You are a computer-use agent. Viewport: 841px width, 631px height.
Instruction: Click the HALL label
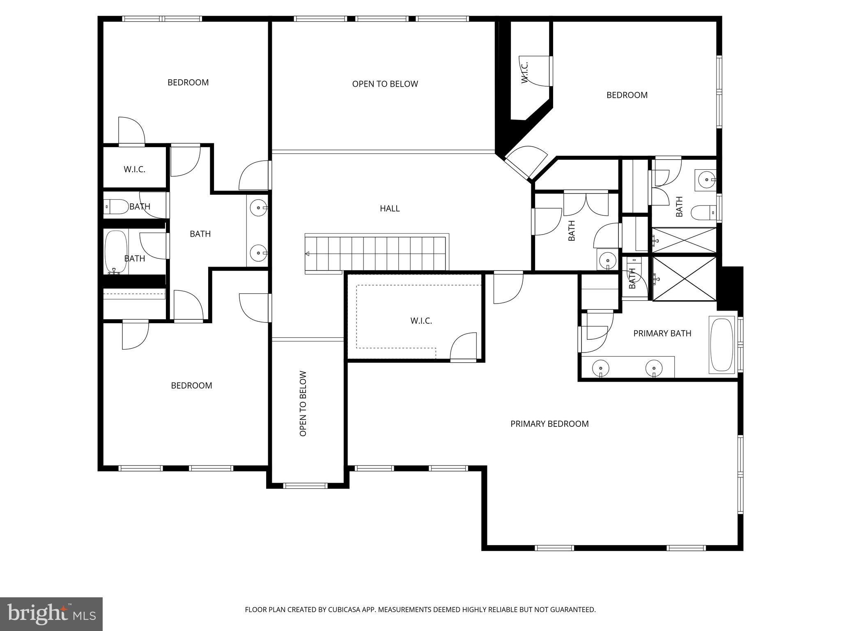pyautogui.click(x=389, y=209)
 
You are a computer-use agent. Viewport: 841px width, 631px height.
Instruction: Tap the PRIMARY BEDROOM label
pyautogui.click(x=549, y=424)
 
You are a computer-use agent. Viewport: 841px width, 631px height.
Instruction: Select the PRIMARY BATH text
pyautogui.click(x=662, y=334)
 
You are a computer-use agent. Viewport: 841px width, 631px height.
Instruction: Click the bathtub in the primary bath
pyautogui.click(x=722, y=345)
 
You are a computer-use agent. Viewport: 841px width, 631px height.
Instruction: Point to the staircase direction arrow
pyautogui.click(x=307, y=254)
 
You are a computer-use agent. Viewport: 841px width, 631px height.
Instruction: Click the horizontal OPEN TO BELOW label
pyautogui.click(x=385, y=84)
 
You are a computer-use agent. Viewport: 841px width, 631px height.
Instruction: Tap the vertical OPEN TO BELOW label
pyautogui.click(x=303, y=403)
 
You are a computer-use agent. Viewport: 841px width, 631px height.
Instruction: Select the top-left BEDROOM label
pyautogui.click(x=188, y=83)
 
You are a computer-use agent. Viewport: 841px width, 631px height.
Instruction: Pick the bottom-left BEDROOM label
pyautogui.click(x=191, y=386)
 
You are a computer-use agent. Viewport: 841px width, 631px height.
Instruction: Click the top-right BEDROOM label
pyautogui.click(x=627, y=95)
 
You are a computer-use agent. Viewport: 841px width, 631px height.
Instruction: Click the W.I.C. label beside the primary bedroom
pyautogui.click(x=421, y=321)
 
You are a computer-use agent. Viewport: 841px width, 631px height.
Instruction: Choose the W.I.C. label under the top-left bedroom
pyautogui.click(x=134, y=169)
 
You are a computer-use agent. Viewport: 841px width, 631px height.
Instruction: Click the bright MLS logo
pyautogui.click(x=51, y=614)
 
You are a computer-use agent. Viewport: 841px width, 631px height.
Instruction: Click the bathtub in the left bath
pyautogui.click(x=115, y=252)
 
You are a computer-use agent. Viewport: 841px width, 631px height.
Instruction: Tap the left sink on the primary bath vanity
pyautogui.click(x=600, y=368)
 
